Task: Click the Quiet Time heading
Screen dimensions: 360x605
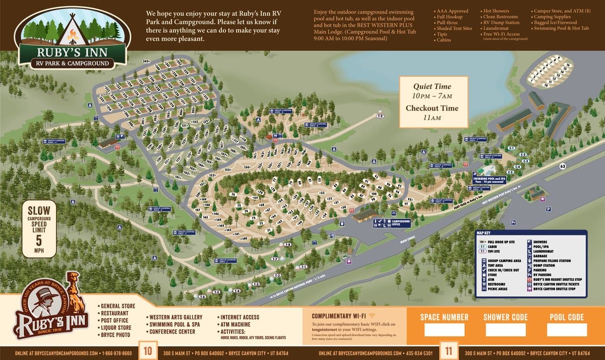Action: pos(432,86)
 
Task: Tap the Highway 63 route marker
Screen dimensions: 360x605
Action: pos(562,166)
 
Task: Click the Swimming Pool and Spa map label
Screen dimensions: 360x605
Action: pos(489,179)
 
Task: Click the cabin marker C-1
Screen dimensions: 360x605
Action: pos(511,148)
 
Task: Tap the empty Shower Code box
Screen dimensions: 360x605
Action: pos(505,330)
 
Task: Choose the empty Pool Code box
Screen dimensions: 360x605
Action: pos(567,330)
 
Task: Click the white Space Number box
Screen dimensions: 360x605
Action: pos(444,330)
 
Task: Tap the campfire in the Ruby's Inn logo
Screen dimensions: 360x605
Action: pos(71,35)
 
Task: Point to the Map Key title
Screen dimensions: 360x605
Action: pos(485,233)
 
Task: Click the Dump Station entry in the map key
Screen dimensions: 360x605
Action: pos(543,265)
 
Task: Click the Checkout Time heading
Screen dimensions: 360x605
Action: pos(432,108)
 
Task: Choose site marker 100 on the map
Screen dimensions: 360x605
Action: pos(374,194)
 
